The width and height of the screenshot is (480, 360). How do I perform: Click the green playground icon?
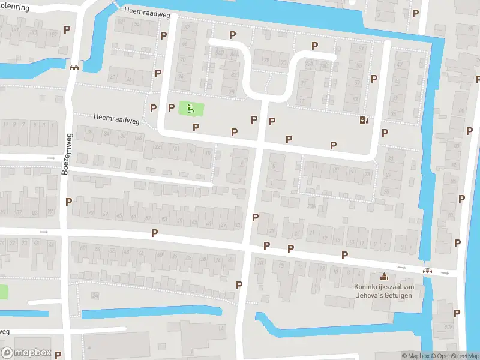(x=191, y=109)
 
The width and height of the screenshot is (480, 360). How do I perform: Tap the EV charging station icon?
(x=363, y=120)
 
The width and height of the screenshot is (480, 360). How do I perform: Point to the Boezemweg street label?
(x=65, y=154)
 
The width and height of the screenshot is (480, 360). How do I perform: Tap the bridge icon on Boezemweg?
(x=74, y=67)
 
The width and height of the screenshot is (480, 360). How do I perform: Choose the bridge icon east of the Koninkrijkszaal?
(x=427, y=271)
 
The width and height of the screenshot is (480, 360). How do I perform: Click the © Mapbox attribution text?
(x=415, y=356)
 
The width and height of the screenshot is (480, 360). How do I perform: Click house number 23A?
(x=311, y=206)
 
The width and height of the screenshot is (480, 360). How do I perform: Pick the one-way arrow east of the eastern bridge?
(x=445, y=273)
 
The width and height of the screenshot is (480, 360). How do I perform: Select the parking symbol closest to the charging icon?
(x=384, y=133)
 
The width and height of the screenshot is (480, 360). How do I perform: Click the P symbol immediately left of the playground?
(x=171, y=107)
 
